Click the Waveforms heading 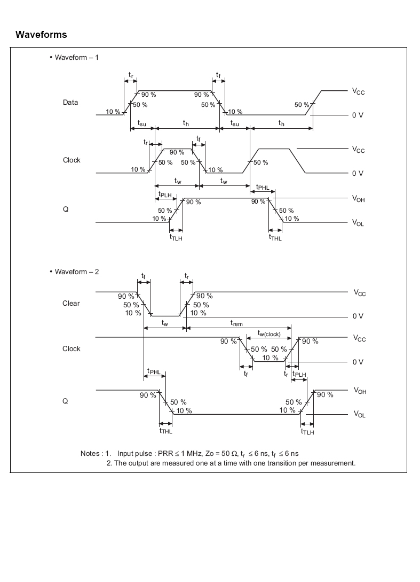[41, 35]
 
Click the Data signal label [70, 102]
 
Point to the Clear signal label [71, 303]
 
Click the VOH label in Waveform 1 [358, 199]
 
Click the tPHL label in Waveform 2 [153, 371]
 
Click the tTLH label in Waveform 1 [176, 238]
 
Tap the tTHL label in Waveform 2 [166, 431]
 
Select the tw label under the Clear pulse [165, 323]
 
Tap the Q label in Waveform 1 [66, 209]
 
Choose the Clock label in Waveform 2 [72, 348]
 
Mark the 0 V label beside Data [358, 115]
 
